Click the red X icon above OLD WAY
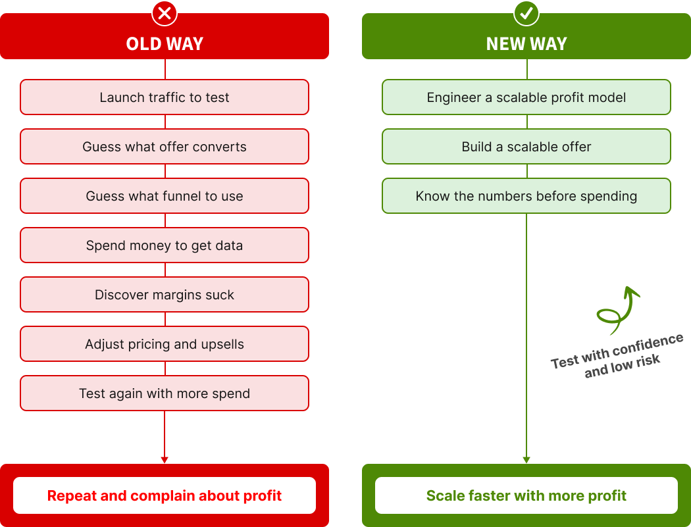(x=165, y=13)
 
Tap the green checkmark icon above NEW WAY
(x=526, y=13)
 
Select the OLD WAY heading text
(x=165, y=44)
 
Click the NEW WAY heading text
(x=526, y=44)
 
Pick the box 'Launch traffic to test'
(x=165, y=97)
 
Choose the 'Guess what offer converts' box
(x=165, y=147)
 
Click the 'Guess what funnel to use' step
(x=165, y=196)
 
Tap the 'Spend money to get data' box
(x=165, y=245)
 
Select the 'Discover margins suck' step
(x=165, y=295)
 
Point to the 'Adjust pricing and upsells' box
(x=165, y=344)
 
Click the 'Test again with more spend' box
(x=165, y=393)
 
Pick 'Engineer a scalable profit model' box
(x=526, y=97)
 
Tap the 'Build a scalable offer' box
(x=526, y=147)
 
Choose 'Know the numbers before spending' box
(x=526, y=196)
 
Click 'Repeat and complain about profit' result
(x=165, y=495)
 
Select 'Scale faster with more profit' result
(x=526, y=495)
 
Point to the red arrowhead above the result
(x=165, y=460)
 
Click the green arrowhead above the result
(x=526, y=460)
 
